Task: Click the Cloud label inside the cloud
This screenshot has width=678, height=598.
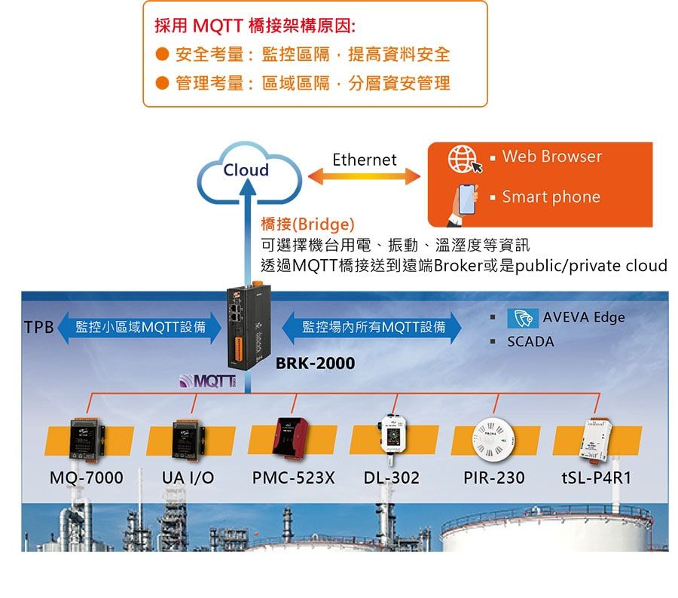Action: click(246, 170)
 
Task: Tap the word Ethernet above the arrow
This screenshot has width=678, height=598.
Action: click(364, 160)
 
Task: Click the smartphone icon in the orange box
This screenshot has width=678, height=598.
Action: click(464, 203)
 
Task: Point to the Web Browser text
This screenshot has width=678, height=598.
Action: click(551, 156)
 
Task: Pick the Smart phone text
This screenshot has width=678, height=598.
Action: click(551, 197)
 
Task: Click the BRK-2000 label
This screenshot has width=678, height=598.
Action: click(315, 363)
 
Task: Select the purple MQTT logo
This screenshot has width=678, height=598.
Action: click(208, 381)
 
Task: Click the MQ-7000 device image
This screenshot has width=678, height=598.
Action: click(87, 439)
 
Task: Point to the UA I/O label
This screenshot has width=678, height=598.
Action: click(188, 477)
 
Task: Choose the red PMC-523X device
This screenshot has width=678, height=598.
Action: click(291, 438)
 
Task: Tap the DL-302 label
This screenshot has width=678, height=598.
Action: click(391, 477)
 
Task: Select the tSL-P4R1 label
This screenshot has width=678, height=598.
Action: click(597, 477)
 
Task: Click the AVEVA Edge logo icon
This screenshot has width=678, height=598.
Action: click(523, 319)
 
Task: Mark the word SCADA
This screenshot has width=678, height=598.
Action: click(530, 342)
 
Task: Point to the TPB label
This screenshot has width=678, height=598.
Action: click(39, 328)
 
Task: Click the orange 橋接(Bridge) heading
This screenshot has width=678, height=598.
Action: click(308, 224)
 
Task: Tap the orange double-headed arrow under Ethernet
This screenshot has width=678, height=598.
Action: click(364, 176)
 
